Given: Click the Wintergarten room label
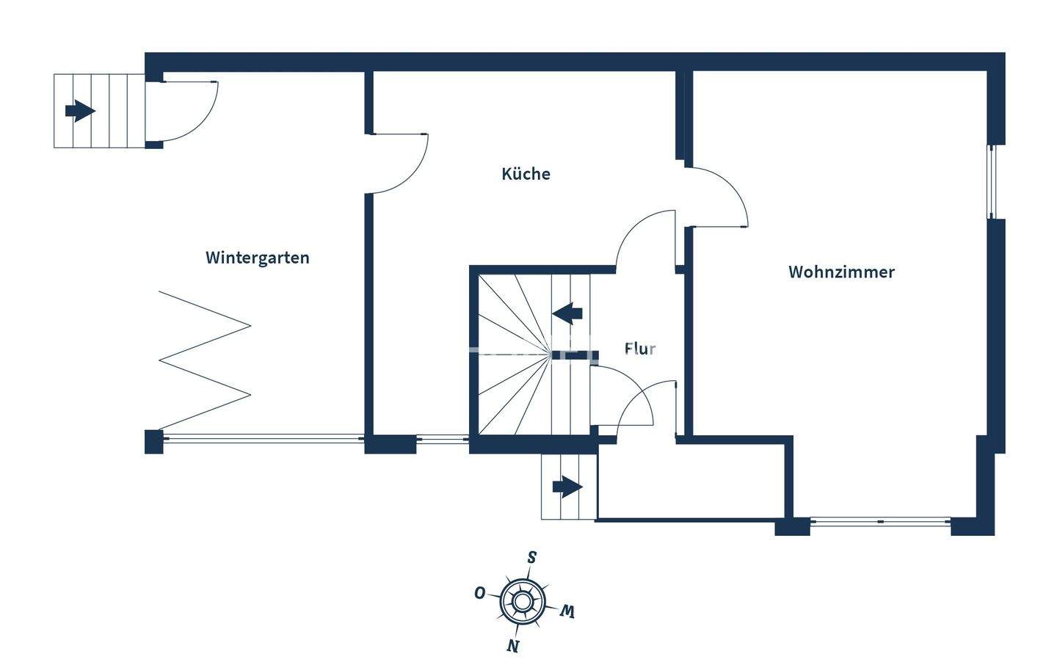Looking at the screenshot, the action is click(x=257, y=258).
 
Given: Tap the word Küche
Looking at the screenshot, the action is click(x=526, y=174).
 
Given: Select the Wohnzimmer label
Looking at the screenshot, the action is click(x=841, y=272).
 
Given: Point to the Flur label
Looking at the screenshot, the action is click(x=640, y=349).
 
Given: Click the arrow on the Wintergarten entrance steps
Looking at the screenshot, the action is click(x=80, y=112).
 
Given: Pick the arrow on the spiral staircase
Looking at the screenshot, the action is click(x=567, y=313).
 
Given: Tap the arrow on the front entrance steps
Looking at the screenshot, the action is click(x=567, y=487).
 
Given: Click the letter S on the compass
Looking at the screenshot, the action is click(x=531, y=557).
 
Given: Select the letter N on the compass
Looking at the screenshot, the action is click(x=512, y=645).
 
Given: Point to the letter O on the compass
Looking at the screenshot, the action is click(x=479, y=593).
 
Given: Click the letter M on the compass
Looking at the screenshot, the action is click(x=567, y=611).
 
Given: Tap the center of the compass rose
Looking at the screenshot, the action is click(x=521, y=602).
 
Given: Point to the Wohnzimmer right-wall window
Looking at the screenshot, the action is click(x=991, y=182).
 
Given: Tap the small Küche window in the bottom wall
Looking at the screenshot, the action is click(x=443, y=440).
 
